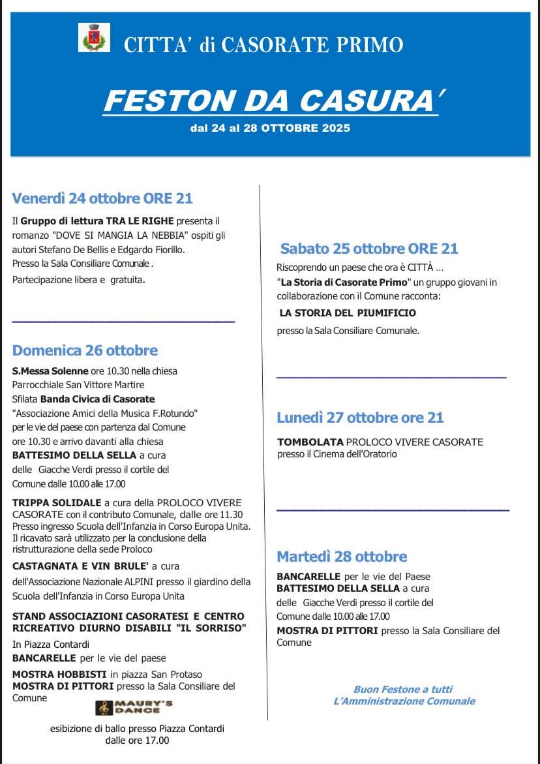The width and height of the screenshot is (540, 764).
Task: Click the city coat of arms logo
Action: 94,37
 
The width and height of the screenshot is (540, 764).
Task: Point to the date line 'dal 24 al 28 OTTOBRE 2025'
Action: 270,128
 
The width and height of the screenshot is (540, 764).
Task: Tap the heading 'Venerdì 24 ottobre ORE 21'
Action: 102,198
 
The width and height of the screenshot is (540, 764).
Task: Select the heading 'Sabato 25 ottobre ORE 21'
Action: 369,248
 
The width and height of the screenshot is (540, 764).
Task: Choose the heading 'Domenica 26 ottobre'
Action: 85,350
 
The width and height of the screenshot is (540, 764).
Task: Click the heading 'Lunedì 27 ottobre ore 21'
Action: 360,418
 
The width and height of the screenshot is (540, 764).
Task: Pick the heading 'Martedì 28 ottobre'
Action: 342,557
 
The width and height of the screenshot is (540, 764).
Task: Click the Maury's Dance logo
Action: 134,707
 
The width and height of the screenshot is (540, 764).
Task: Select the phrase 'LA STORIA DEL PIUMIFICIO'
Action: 348,313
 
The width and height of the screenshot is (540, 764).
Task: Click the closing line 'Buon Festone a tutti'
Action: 402,689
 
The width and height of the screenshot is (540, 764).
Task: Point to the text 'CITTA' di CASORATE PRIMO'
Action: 263,45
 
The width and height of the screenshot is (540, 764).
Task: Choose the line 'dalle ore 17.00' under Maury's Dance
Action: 137,741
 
